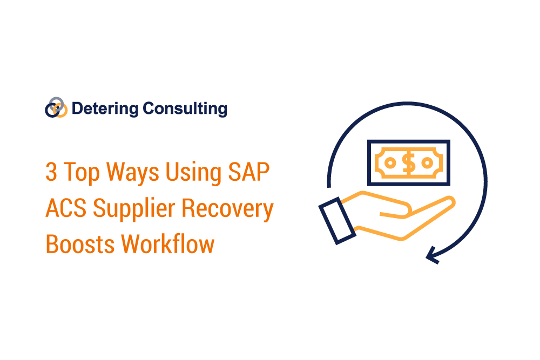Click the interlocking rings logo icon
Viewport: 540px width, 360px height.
(56, 107)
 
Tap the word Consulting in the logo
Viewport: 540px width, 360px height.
(185, 109)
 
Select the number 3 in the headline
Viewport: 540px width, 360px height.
(51, 174)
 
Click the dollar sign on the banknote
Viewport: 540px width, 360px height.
(409, 162)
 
